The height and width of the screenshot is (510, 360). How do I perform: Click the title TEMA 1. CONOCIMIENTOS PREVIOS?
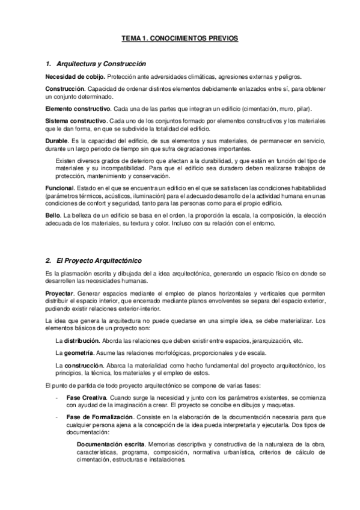[x=180, y=38]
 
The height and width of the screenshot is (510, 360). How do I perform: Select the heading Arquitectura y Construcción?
[x=100, y=64]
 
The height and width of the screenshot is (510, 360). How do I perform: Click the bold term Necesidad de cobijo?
[x=75, y=76]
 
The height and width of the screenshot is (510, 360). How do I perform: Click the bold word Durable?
[x=56, y=140]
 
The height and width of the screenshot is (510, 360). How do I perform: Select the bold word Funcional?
[x=59, y=188]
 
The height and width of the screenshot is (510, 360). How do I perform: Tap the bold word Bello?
[x=53, y=215]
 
